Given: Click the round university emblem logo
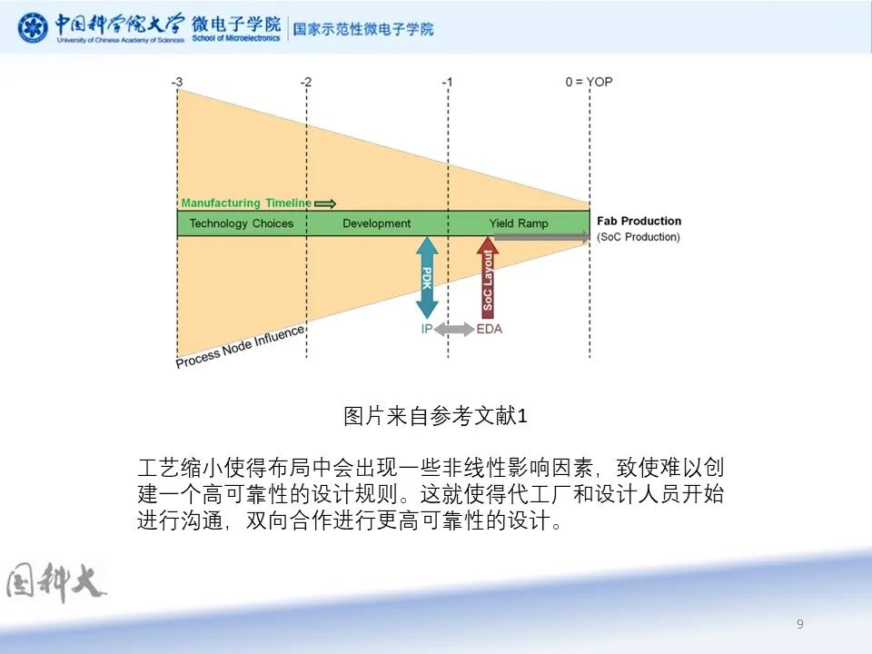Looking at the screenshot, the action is click(33, 27).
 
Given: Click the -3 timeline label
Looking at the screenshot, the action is click(177, 83).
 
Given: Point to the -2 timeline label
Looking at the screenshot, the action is click(306, 83).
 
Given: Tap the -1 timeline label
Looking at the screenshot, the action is click(447, 83).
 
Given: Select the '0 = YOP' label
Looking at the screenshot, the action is click(589, 82).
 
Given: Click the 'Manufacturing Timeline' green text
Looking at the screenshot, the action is click(246, 203).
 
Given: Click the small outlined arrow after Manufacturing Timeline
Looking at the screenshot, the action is click(325, 204).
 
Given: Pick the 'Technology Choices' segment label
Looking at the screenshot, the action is click(242, 223).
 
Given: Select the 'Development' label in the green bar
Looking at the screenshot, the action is click(376, 223).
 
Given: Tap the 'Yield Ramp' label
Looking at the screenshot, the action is click(519, 223).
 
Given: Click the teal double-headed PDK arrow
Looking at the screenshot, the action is click(427, 278).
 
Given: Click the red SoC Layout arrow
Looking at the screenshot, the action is click(488, 278).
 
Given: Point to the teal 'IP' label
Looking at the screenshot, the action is click(427, 329).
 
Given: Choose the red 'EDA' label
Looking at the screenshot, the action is click(490, 329).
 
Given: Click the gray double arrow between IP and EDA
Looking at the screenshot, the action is click(454, 329).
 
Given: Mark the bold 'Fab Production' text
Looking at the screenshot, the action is click(639, 221).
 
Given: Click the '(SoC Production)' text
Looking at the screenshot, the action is click(639, 237).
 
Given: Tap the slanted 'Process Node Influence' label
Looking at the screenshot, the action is click(240, 346).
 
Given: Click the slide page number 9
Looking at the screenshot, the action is click(799, 624).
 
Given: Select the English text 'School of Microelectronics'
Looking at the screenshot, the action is click(236, 38).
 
